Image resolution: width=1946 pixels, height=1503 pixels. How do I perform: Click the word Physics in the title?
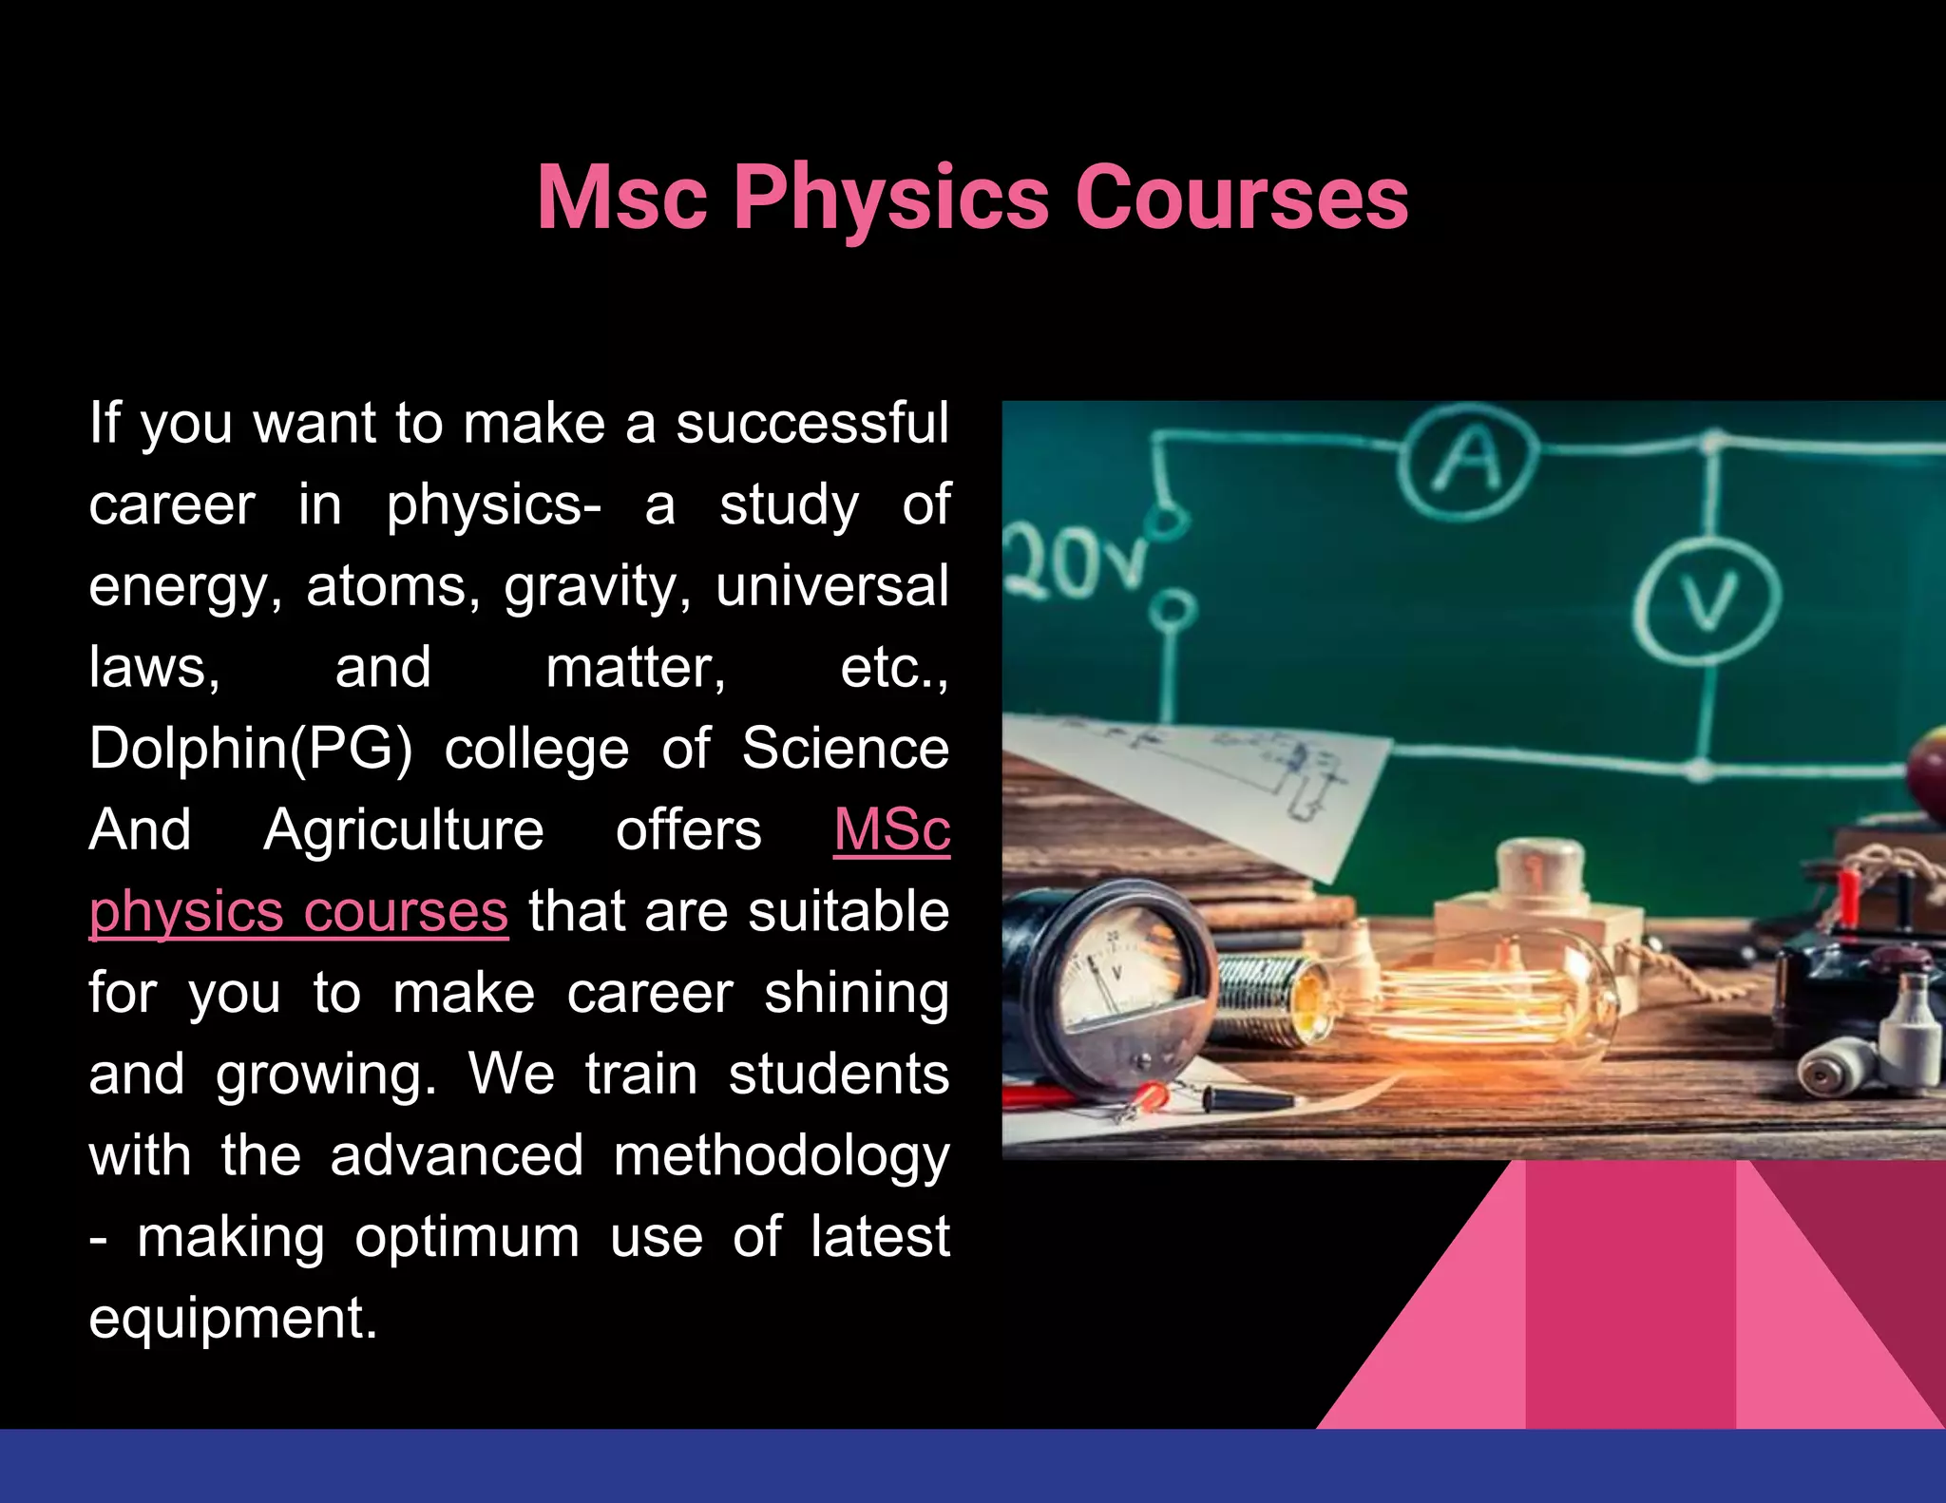(x=890, y=198)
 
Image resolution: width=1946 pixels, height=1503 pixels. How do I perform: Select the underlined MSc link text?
(x=891, y=830)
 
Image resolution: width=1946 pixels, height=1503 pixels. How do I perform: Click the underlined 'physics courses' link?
(x=298, y=912)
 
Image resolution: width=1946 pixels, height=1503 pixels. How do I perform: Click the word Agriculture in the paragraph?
(x=403, y=830)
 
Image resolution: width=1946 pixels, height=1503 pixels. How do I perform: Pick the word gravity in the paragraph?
(x=598, y=586)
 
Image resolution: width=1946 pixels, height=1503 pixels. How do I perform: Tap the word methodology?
(x=781, y=1156)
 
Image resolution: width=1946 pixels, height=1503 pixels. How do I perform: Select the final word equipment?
(x=233, y=1319)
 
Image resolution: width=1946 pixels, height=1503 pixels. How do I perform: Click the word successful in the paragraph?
(x=812, y=424)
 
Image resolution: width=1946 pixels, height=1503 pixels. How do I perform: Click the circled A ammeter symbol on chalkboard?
(x=1468, y=461)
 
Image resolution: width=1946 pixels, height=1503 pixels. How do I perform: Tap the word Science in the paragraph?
(x=845, y=749)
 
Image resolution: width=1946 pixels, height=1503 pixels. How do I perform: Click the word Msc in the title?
(x=622, y=198)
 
